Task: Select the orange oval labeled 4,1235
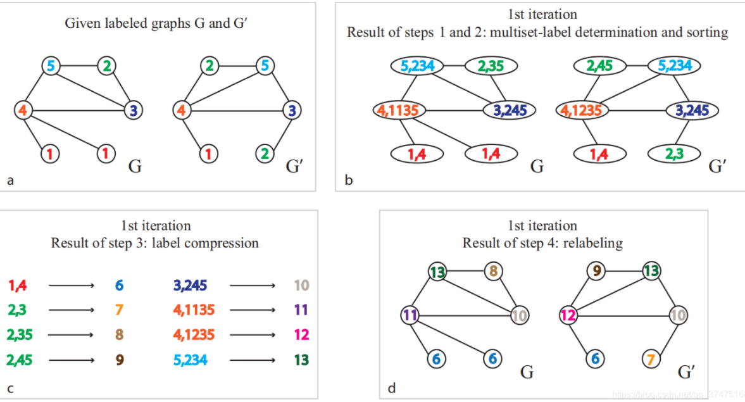(583, 110)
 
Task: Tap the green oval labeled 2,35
(491, 65)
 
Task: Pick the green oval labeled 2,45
(599, 65)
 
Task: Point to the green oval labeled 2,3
(674, 154)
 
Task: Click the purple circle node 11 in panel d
(411, 314)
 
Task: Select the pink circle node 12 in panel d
(568, 314)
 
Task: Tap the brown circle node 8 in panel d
(494, 272)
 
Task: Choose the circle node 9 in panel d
(594, 272)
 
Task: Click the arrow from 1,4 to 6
(72, 286)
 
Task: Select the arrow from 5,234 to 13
(253, 360)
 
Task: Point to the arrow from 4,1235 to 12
(253, 335)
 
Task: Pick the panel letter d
(392, 387)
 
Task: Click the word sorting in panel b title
(706, 32)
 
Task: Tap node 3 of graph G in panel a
(133, 110)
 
